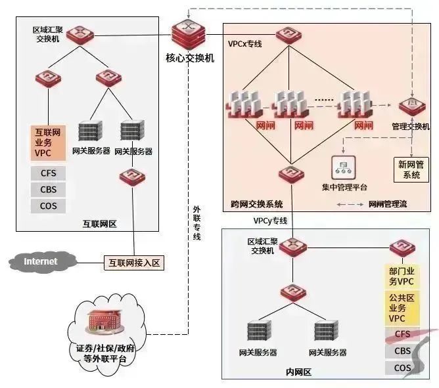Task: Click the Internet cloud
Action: [40, 261]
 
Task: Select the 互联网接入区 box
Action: [133, 263]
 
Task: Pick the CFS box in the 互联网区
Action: [49, 173]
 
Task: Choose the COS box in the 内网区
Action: [402, 368]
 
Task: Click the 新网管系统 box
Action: [411, 169]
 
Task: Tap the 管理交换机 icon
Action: [410, 105]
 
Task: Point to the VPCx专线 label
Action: [245, 45]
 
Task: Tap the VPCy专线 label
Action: [270, 220]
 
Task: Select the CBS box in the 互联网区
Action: [49, 190]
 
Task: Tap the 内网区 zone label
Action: [297, 372]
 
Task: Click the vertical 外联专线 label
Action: [196, 223]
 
